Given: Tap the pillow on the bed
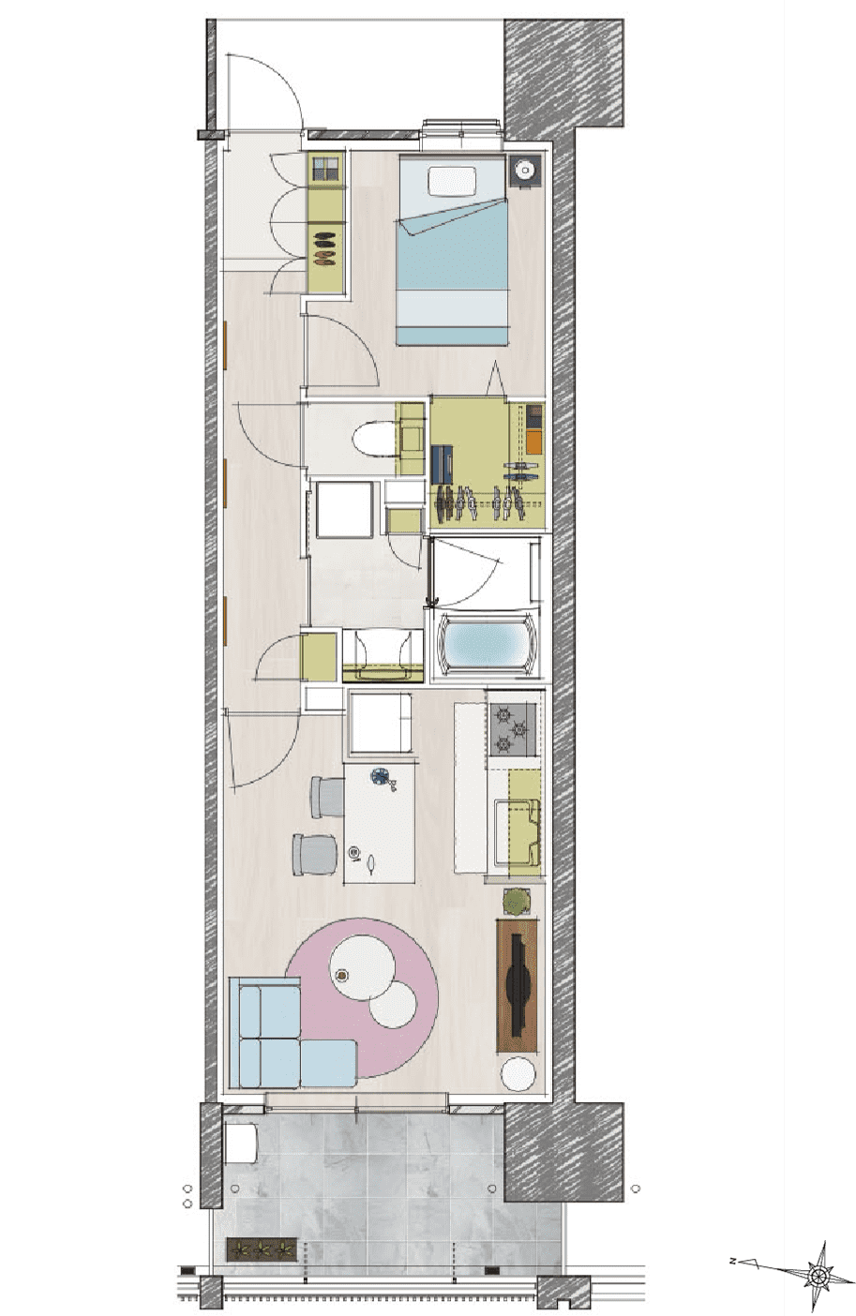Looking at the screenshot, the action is (x=451, y=181).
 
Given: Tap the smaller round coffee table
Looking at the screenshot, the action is (x=393, y=1004).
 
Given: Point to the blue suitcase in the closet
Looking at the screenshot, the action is (x=442, y=464).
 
